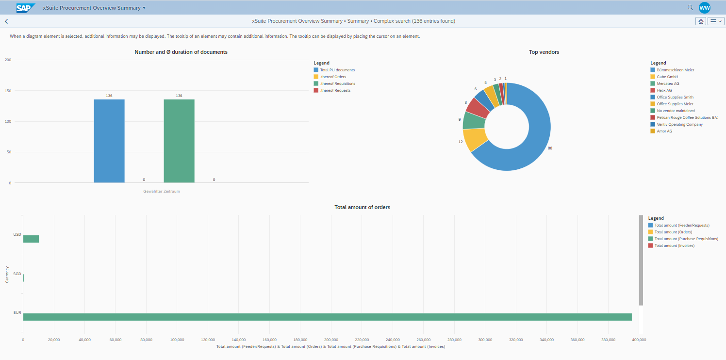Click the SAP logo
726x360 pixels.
click(x=26, y=8)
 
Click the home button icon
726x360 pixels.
click(x=700, y=21)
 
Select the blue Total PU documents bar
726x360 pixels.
click(x=109, y=141)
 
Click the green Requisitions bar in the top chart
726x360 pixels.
click(x=179, y=141)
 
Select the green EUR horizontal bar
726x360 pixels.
click(x=327, y=317)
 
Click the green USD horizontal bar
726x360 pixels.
click(x=31, y=239)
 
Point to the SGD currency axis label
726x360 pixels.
click(x=17, y=274)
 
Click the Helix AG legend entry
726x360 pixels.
click(x=664, y=90)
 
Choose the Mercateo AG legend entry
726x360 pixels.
click(x=668, y=83)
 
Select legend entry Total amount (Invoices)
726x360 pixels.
click(x=674, y=245)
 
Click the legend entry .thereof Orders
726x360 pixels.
click(x=333, y=77)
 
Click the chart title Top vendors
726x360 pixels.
click(x=544, y=52)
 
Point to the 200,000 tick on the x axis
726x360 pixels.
click(x=331, y=340)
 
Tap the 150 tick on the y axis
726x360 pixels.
click(x=8, y=91)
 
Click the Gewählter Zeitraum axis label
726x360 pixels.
click(x=161, y=191)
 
